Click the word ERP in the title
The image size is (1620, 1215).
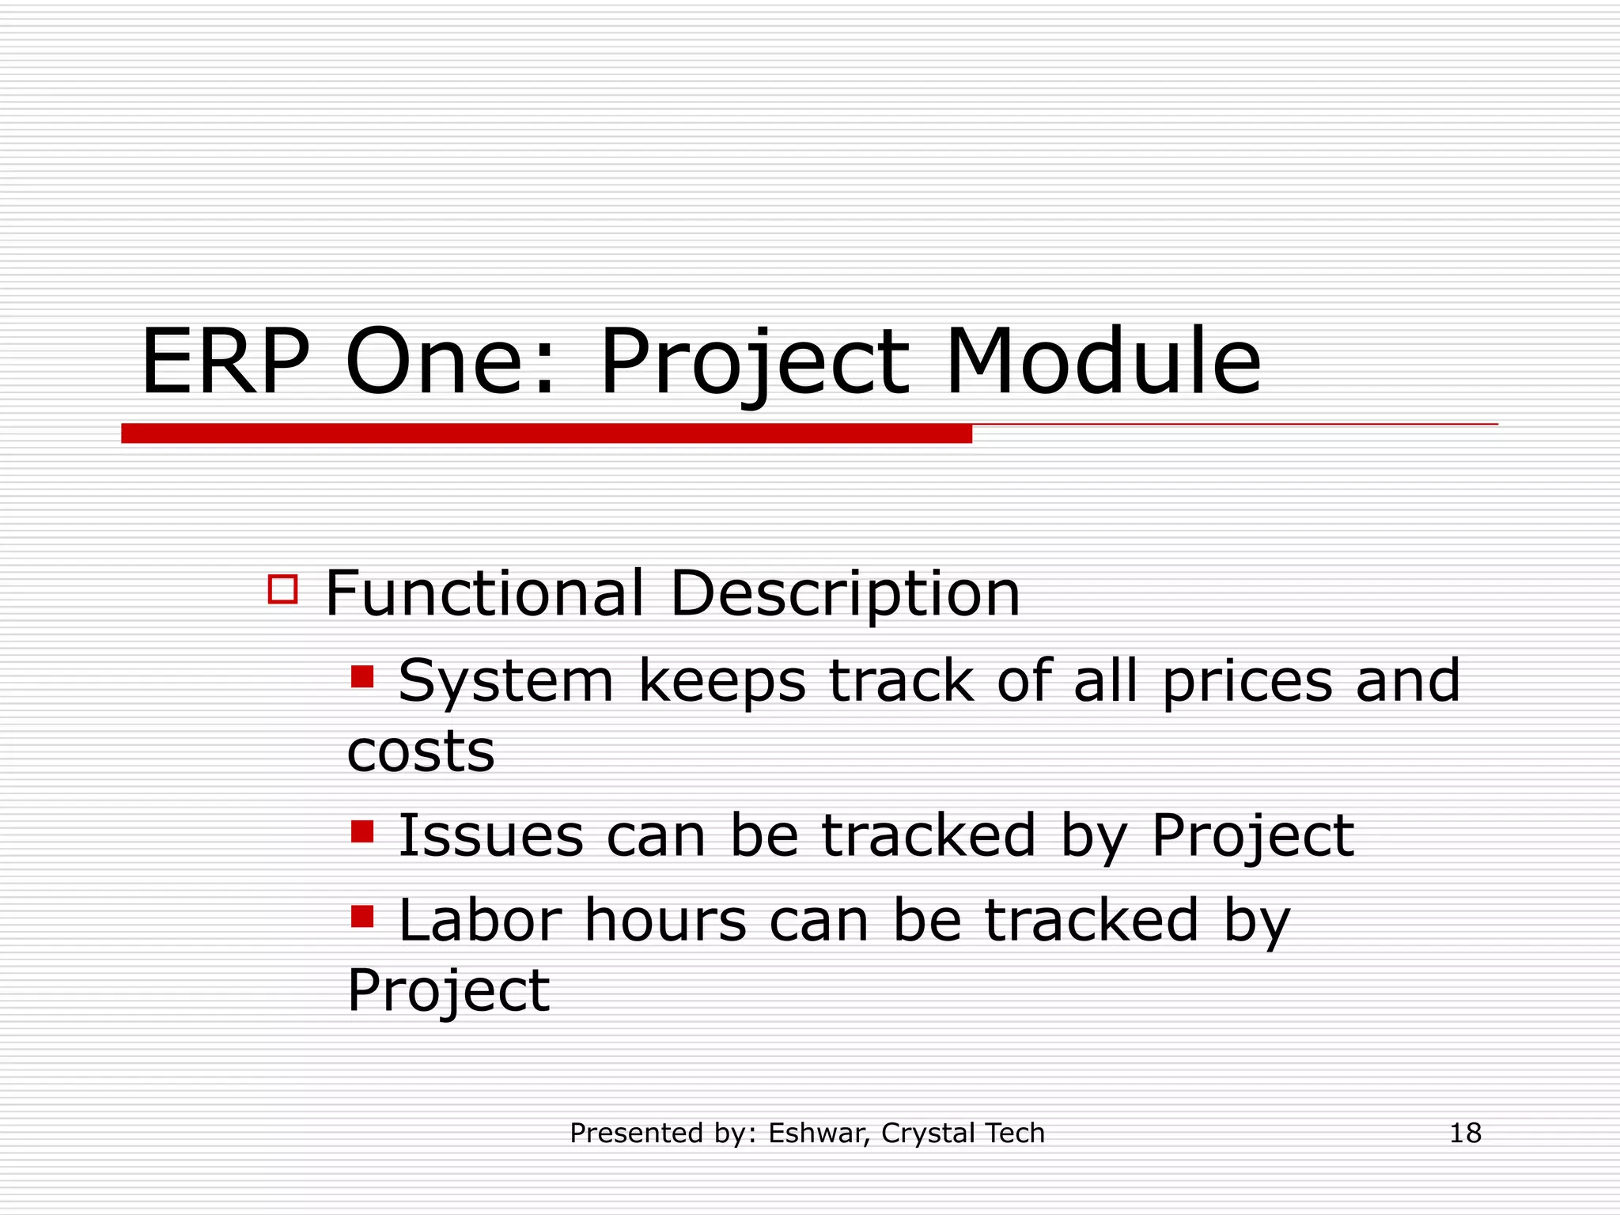[x=225, y=362]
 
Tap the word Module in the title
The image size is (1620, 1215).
[x=1103, y=362]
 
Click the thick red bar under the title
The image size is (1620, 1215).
[x=546, y=433]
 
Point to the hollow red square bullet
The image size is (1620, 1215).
[x=282, y=590]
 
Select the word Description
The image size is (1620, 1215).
[x=845, y=595]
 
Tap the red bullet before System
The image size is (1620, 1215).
[x=362, y=677]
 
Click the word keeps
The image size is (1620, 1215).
[x=721, y=682]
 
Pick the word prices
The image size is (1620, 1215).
[x=1247, y=682]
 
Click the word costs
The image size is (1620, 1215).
[x=421, y=751]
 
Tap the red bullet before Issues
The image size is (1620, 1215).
[x=362, y=832]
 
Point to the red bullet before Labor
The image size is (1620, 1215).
[x=362, y=916]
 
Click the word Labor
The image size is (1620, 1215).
[x=480, y=921]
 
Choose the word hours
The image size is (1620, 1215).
[x=665, y=921]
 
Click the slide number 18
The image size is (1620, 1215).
[x=1465, y=1134]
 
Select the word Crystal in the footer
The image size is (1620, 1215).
[x=927, y=1134]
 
